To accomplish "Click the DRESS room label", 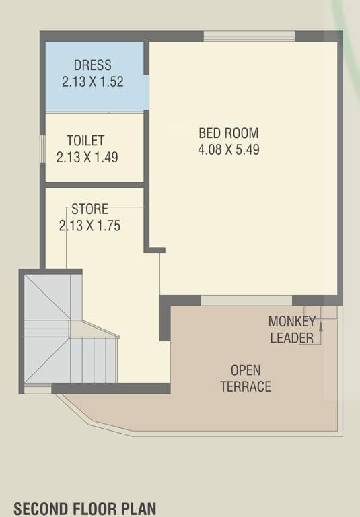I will pos(93,66).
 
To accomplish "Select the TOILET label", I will pos(85,141).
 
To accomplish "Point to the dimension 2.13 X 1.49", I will pos(87,158).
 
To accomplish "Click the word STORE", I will pos(89,209).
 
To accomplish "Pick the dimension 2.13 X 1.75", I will pos(89,226).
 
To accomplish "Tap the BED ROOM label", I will pos(228,133).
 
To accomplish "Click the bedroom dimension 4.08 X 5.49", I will pos(228,149).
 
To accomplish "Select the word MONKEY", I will pos(291,321).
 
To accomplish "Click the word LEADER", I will pos(291,337).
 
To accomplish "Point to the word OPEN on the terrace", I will pos(246,370).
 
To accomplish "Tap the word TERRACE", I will pos(246,386).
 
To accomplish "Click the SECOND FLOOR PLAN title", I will pos(87,508).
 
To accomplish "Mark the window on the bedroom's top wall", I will pos(249,36).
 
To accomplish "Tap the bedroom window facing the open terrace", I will pos(246,300).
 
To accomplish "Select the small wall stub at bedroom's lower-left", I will pos(155,250).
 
